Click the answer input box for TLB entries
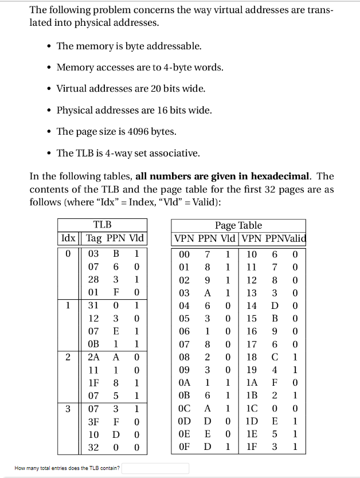[155, 468]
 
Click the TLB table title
[102, 225]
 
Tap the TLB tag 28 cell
[93, 279]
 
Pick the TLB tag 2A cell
[93, 357]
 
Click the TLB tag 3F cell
[93, 422]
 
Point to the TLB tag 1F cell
[93, 383]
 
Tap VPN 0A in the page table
[184, 383]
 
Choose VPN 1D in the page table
[251, 422]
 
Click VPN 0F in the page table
[184, 448]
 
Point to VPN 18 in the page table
[251, 357]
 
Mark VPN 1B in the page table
[251, 396]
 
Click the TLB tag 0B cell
[93, 344]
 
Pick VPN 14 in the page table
[251, 305]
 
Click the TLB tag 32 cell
[93, 448]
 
